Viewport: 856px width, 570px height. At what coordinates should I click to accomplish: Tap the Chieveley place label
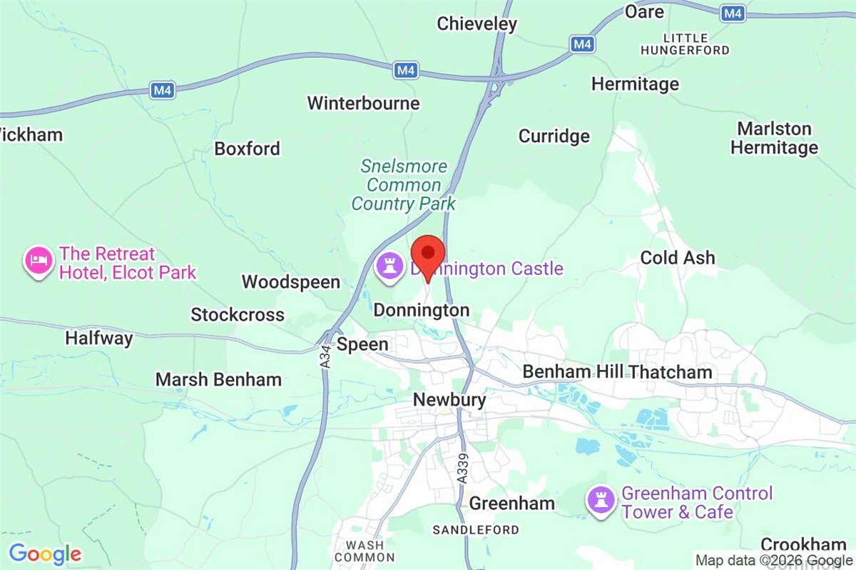click(x=477, y=24)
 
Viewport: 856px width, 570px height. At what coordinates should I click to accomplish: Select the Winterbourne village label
click(x=363, y=104)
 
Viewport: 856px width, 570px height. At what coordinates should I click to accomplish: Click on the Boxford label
click(x=248, y=149)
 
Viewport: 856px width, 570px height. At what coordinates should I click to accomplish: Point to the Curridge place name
click(x=554, y=136)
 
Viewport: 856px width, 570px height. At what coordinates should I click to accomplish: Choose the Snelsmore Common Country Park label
click(x=404, y=186)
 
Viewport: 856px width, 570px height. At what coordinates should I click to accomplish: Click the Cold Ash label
click(x=677, y=258)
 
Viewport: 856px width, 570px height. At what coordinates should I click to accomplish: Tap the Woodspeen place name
click(x=291, y=282)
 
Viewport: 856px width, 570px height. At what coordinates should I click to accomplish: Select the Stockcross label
click(x=238, y=315)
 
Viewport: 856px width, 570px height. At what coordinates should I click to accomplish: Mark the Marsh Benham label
click(x=218, y=379)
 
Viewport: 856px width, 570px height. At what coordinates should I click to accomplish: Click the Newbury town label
click(x=449, y=400)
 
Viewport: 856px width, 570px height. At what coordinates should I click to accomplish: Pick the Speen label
click(x=362, y=344)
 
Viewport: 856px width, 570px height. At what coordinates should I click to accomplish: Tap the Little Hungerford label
click(x=685, y=44)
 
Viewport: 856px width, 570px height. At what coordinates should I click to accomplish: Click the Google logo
click(x=45, y=554)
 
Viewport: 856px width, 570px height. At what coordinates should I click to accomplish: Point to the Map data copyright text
click(x=774, y=561)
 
